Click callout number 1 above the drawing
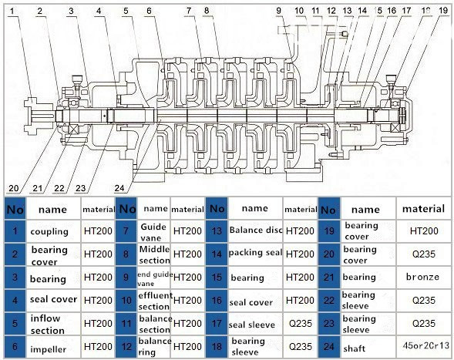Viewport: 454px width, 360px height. pos(12,12)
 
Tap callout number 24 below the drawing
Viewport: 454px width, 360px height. pos(119,188)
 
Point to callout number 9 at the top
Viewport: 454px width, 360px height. pos(278,11)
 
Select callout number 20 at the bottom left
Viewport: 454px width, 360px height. pos(14,188)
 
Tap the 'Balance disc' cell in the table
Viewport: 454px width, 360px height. pos(256,230)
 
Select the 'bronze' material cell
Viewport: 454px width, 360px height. pos(422,277)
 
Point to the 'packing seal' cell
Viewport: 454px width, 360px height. pos(255,253)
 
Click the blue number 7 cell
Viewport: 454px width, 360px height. pos(126,231)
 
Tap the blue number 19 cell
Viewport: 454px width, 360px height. pos(329,231)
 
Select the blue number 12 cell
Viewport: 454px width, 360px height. pos(126,347)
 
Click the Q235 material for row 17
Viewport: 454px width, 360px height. pos(301,324)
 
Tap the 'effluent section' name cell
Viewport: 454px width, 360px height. pos(155,301)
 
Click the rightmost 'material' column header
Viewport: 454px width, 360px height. pos(423,209)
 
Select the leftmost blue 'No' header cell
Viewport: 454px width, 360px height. pos(15,209)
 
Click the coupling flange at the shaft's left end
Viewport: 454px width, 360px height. pos(32,116)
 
